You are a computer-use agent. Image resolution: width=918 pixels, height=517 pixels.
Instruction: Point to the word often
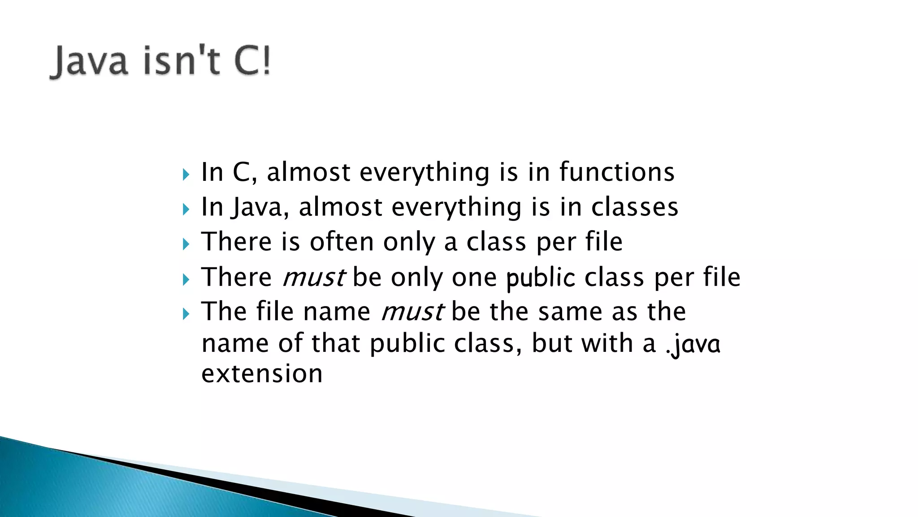pyautogui.click(x=342, y=242)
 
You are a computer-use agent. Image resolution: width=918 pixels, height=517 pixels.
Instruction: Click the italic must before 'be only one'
pyautogui.click(x=314, y=277)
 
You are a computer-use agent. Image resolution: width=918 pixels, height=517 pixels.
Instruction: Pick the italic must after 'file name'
pyautogui.click(x=412, y=311)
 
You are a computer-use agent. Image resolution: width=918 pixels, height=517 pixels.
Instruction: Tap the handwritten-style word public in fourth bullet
pyautogui.click(x=540, y=278)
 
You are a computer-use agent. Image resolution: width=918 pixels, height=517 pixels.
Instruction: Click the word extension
pyautogui.click(x=262, y=374)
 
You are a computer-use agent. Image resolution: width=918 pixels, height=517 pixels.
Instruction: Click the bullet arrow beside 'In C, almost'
pyautogui.click(x=186, y=174)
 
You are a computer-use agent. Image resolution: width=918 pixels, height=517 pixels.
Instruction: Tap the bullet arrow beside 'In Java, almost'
pyautogui.click(x=186, y=209)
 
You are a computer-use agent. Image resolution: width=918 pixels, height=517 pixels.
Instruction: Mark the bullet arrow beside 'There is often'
pyautogui.click(x=186, y=244)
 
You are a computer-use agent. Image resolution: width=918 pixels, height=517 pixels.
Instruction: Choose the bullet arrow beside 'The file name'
pyautogui.click(x=186, y=314)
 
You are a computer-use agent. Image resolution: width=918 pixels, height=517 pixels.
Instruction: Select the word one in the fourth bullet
pyautogui.click(x=474, y=278)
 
